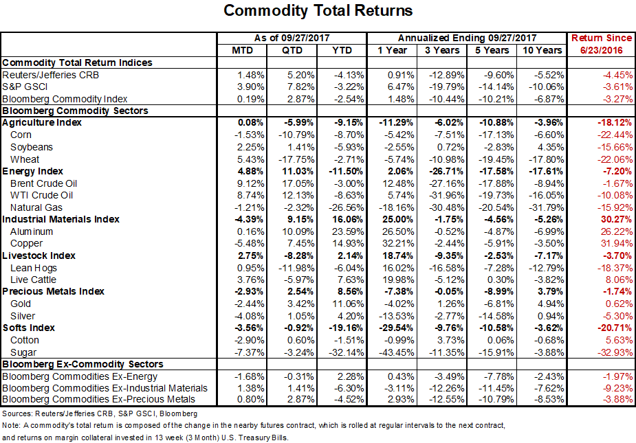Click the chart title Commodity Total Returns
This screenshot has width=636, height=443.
[318, 11]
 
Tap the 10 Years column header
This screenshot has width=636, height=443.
[540, 50]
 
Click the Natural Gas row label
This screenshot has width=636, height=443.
[36, 207]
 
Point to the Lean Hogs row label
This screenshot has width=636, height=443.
[33, 267]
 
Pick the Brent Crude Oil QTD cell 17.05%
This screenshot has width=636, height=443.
[296, 183]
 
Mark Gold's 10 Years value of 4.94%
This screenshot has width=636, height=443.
[549, 304]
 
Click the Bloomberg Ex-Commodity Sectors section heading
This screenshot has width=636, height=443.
[83, 364]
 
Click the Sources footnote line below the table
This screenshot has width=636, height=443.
[100, 413]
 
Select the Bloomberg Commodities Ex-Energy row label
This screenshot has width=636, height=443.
[80, 376]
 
